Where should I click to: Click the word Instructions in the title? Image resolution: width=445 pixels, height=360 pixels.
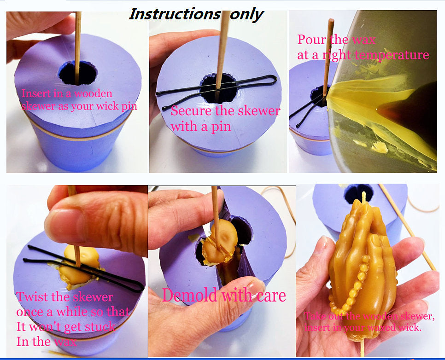click(x=174, y=14)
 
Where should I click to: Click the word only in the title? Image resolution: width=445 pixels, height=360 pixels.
click(x=246, y=14)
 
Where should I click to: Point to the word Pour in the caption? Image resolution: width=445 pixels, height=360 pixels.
click(x=311, y=40)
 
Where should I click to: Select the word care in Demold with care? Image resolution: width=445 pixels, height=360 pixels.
click(x=271, y=296)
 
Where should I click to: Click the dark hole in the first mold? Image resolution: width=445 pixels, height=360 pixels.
click(x=78, y=73)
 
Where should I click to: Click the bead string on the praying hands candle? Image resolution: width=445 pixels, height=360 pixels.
click(x=352, y=284)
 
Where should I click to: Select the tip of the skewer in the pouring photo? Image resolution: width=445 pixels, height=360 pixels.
click(x=331, y=20)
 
